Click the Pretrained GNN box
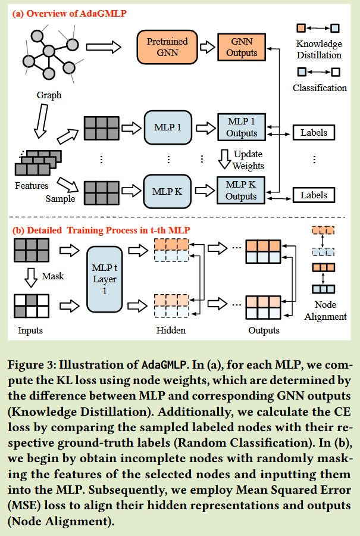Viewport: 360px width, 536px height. click(167, 47)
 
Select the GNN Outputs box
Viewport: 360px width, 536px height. click(242, 47)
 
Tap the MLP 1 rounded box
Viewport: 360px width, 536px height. click(168, 127)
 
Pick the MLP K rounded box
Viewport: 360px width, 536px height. click(167, 191)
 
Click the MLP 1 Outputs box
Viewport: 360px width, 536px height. click(242, 127)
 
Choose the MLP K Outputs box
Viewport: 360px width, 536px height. click(241, 191)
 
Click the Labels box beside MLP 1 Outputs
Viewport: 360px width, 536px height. click(314, 132)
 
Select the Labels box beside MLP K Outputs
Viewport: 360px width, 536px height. click(314, 195)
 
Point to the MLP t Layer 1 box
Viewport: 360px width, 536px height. click(105, 279)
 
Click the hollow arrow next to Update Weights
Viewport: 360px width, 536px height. click(224, 159)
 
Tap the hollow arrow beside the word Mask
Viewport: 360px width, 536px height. click(31, 277)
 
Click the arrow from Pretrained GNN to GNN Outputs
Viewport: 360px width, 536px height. click(207, 47)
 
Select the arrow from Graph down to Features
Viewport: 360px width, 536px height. click(41, 121)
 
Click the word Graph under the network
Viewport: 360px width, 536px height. click(49, 95)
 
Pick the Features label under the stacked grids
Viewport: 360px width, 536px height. click(32, 186)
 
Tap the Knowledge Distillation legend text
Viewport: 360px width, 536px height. click(319, 49)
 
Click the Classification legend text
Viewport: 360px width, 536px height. click(320, 88)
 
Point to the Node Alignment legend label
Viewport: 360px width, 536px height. click(325, 310)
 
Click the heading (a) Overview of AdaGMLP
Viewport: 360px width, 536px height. click(70, 14)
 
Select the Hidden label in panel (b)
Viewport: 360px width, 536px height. click(171, 330)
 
